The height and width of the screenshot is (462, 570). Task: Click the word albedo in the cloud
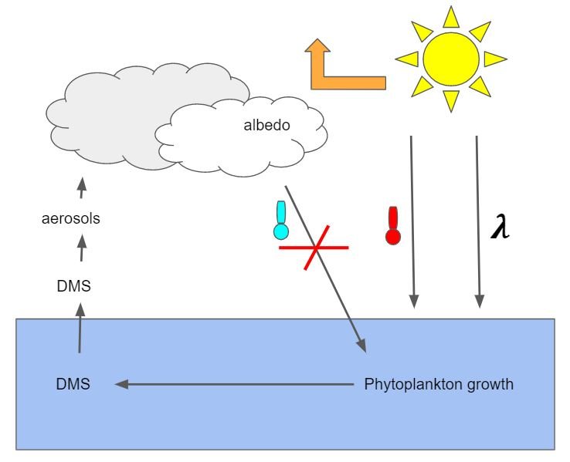[266, 123]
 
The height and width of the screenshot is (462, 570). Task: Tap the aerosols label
[71, 219]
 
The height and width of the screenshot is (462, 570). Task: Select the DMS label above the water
[73, 285]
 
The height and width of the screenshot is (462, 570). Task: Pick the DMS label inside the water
[73, 383]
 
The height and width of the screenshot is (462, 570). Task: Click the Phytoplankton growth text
[439, 383]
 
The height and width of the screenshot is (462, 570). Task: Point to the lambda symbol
[500, 228]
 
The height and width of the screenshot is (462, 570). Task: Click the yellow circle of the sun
[450, 59]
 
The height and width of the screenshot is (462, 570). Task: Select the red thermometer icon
[393, 227]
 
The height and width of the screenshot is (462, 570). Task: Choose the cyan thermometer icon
[281, 221]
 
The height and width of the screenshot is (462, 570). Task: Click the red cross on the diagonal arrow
[314, 248]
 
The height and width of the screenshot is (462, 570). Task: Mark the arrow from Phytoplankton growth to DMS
[232, 383]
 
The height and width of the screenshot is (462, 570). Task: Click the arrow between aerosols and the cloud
[82, 187]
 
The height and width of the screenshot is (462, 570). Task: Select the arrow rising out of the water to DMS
[79, 327]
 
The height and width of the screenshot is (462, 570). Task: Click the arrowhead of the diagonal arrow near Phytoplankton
[360, 346]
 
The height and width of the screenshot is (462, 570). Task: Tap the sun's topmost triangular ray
[451, 17]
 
